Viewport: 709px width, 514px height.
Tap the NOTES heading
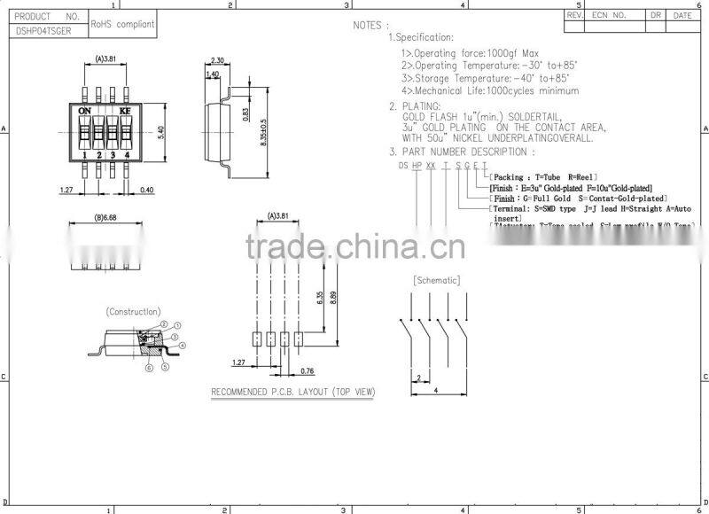pos(370,25)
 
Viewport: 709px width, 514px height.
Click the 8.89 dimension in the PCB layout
pos(332,299)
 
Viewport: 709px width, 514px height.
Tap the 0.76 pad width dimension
pos(308,370)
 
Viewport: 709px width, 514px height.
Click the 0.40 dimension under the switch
pos(147,190)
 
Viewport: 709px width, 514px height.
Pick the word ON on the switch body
pos(86,111)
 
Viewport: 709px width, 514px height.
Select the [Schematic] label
pos(437,280)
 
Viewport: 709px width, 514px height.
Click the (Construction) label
pos(133,311)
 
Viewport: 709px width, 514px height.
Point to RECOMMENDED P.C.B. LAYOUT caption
pos(292,392)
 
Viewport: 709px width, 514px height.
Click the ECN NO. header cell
pos(609,15)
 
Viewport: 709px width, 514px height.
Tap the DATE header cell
pos(682,15)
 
